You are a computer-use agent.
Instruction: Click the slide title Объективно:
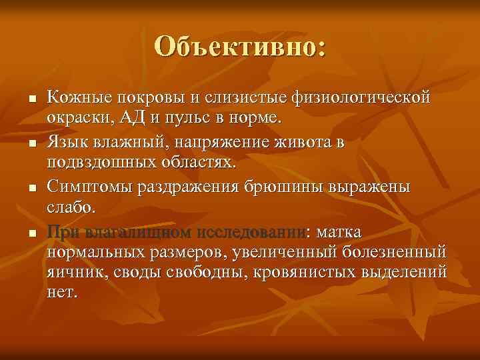(240, 46)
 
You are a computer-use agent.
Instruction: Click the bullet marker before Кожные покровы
(31, 99)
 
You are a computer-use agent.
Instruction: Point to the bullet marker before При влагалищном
(31, 233)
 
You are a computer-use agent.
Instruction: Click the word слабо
(71, 208)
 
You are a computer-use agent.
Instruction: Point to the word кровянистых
(312, 273)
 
